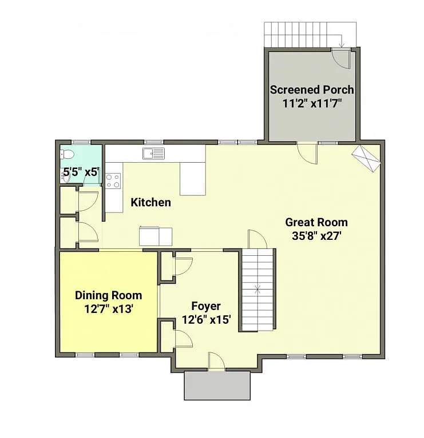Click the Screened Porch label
[311, 90]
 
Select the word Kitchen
[150, 202]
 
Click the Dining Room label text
[108, 295]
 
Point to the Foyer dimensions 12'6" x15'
[206, 320]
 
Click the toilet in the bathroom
[67, 154]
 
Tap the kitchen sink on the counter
[154, 153]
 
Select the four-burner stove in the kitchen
[113, 180]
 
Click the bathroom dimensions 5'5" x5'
[80, 171]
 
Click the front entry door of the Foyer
[216, 361]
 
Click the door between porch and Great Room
[307, 151]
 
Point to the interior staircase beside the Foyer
[257, 290]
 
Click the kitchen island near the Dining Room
[156, 235]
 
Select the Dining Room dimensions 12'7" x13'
[108, 309]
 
